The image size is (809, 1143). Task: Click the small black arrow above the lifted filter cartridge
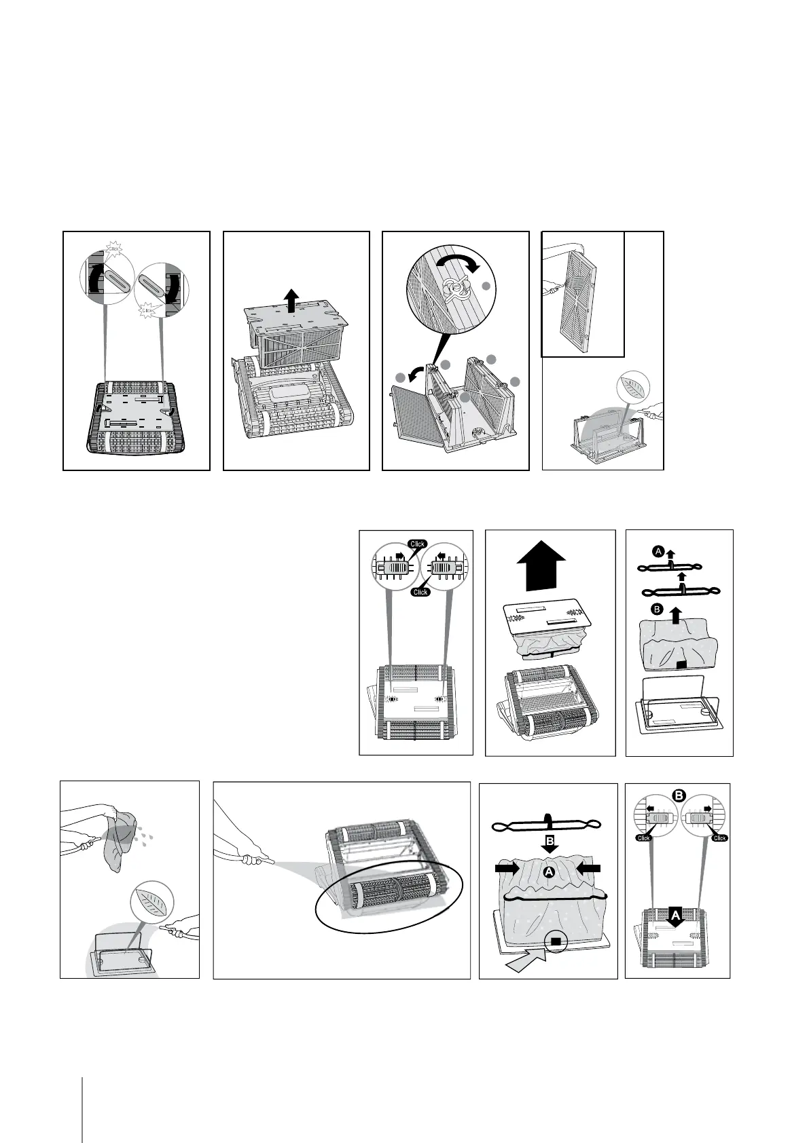pyautogui.click(x=291, y=299)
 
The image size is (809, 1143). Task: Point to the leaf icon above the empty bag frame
pyautogui.click(x=152, y=908)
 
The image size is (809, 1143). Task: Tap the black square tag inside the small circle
pyautogui.click(x=556, y=941)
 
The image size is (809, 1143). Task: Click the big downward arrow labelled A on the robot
pyautogui.click(x=675, y=918)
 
